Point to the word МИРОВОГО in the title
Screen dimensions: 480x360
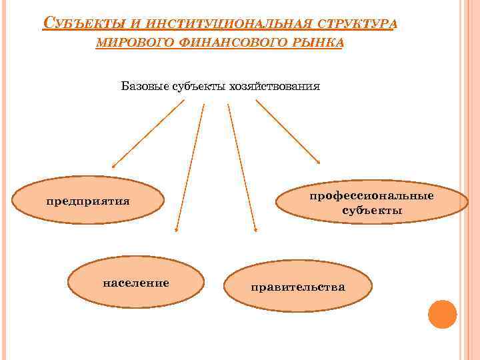coord(136,44)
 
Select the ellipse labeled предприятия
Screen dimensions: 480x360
coord(88,199)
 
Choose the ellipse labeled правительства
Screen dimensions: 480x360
coord(298,287)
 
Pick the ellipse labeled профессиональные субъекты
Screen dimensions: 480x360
coord(372,203)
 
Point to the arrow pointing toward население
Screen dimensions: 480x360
coord(189,167)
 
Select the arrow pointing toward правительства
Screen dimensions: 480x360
coord(241,167)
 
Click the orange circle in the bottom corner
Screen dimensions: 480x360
coord(442,313)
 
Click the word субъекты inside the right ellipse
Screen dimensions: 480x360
coord(372,211)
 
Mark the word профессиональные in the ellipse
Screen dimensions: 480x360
coord(372,195)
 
